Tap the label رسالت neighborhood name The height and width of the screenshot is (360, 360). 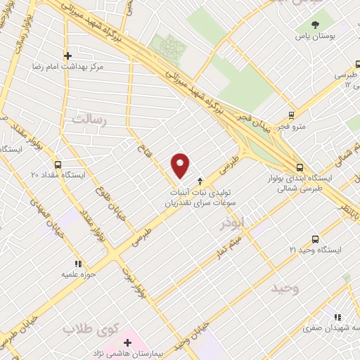point(89,120)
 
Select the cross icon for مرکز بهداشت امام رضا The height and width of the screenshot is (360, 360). point(68,56)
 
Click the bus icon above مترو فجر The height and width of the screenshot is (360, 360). point(291,116)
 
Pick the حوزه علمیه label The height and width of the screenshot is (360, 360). point(77,274)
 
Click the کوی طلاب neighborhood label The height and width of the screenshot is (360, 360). point(88,328)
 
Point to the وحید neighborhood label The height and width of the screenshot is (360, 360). point(287,289)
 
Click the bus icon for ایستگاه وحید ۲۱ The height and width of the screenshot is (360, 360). point(315,239)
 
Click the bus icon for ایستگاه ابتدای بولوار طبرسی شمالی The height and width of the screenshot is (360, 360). point(300,167)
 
